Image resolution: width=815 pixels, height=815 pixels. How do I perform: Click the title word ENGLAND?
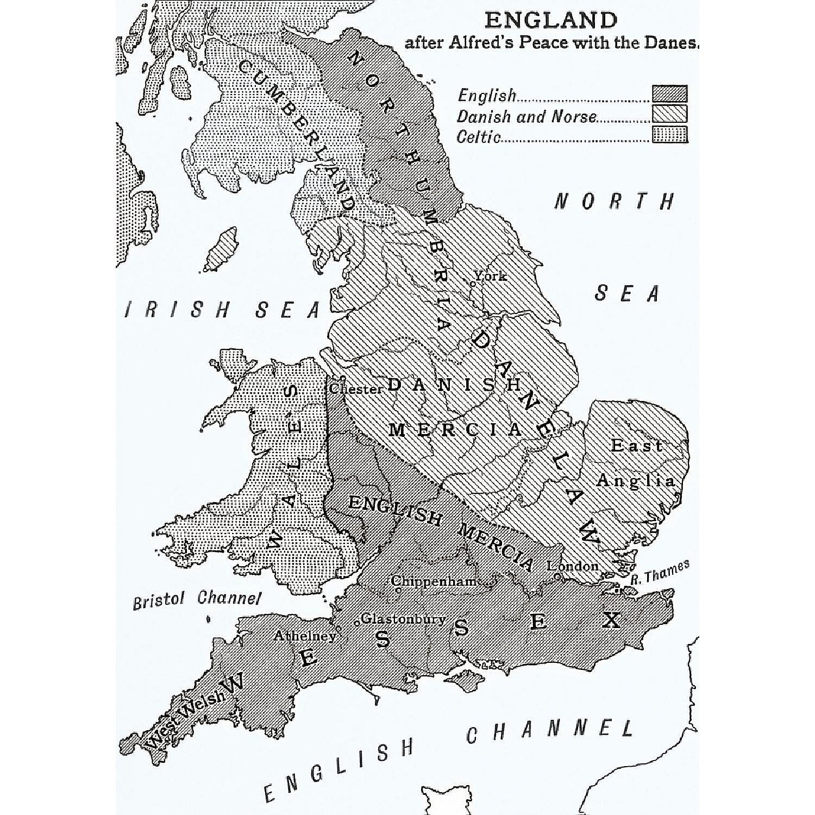click(550, 20)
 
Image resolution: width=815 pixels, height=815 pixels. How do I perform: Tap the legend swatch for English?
click(669, 93)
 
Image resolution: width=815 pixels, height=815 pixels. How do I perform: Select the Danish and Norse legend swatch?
click(669, 114)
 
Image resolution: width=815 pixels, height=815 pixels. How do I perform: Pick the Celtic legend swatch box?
click(669, 134)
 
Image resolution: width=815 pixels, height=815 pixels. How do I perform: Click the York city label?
click(490, 276)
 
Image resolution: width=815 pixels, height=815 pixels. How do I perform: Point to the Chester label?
click(356, 389)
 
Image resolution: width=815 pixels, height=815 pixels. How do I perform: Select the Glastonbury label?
click(403, 618)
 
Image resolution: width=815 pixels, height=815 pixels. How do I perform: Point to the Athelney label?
click(304, 636)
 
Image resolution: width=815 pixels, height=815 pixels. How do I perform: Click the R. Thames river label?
click(660, 572)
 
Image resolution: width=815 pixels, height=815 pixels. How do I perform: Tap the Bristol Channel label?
click(197, 599)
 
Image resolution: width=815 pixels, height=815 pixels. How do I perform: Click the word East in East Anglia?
click(636, 446)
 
